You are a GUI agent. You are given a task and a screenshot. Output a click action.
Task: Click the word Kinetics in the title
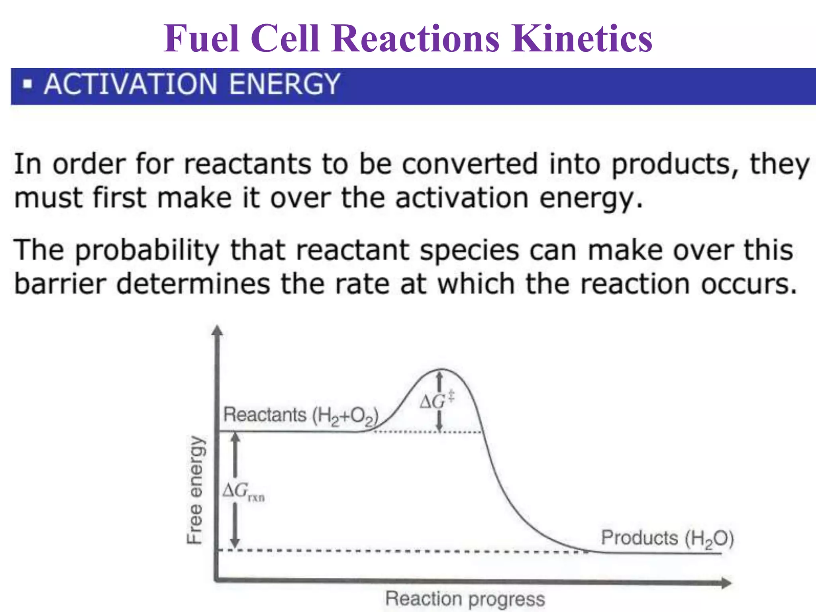tap(582, 39)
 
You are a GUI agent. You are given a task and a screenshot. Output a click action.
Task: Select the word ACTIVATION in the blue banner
tap(131, 84)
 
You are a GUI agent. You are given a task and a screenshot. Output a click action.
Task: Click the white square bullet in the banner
tap(27, 84)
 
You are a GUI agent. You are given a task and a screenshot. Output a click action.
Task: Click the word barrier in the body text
tap(60, 284)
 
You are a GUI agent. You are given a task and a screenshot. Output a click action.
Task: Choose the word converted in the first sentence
tap(470, 164)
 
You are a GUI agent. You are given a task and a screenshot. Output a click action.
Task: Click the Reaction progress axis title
tap(465, 599)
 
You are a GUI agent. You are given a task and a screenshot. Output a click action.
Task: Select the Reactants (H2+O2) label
tap(300, 415)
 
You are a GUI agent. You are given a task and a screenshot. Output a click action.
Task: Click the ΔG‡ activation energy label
tap(436, 400)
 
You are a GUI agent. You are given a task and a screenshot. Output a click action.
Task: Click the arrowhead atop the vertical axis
tap(217, 331)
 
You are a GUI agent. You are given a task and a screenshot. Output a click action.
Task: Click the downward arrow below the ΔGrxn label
tap(235, 526)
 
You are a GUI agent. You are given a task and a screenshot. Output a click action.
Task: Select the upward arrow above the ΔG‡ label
tap(439, 381)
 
